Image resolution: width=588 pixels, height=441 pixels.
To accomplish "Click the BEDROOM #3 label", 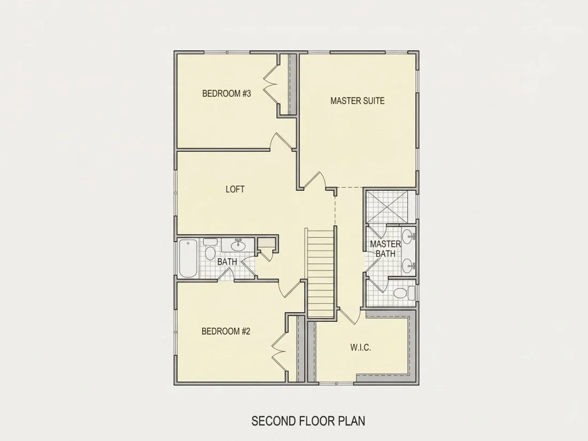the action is click(227, 94).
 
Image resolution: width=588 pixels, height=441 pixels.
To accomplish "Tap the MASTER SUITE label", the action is click(358, 100).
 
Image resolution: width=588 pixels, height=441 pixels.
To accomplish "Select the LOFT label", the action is click(235, 189).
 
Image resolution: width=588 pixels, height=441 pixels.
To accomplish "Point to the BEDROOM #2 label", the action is click(226, 331).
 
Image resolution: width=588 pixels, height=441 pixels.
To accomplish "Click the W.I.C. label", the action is click(361, 347).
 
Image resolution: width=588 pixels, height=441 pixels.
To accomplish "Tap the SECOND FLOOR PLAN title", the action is click(308, 421).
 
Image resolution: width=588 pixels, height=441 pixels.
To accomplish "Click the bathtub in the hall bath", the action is click(188, 258).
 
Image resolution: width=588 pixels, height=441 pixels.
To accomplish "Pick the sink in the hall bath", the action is click(238, 245).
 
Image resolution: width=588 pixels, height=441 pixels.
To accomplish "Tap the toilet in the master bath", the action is click(403, 292).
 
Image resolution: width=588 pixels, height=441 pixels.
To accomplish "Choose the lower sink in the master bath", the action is click(408, 266).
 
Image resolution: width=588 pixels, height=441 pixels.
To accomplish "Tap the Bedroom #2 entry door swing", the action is click(290, 288).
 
